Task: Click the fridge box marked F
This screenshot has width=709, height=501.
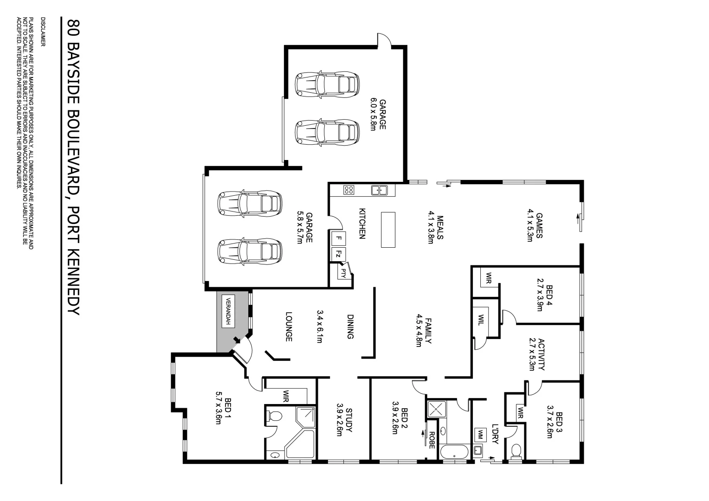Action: pyautogui.click(x=339, y=238)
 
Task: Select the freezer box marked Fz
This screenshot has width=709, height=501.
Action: pyautogui.click(x=339, y=254)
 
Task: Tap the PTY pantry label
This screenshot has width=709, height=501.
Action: pyautogui.click(x=343, y=272)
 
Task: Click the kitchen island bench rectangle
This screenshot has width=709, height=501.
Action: pyautogui.click(x=388, y=230)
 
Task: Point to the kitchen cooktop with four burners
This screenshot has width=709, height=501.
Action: pyautogui.click(x=348, y=190)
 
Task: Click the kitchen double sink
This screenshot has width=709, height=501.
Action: pyautogui.click(x=379, y=190)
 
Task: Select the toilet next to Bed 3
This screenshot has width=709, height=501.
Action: pyautogui.click(x=516, y=450)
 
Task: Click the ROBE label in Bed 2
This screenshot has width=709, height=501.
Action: pyautogui.click(x=432, y=440)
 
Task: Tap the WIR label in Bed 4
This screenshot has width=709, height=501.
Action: pyautogui.click(x=488, y=278)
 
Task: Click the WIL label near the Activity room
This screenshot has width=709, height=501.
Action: pyautogui.click(x=481, y=320)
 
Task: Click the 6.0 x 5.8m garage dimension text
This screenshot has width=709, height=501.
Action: pyautogui.click(x=372, y=114)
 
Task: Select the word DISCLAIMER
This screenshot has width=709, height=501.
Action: pyautogui.click(x=43, y=32)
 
